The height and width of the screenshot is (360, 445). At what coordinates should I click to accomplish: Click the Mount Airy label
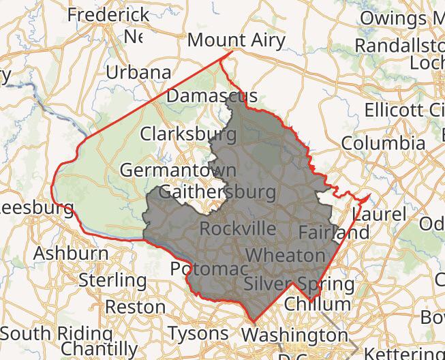click(x=236, y=40)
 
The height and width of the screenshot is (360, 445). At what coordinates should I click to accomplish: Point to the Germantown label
click(x=178, y=170)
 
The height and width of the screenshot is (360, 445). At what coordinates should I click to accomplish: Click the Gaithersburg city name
click(x=217, y=192)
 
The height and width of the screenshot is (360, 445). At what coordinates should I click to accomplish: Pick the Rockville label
click(x=239, y=228)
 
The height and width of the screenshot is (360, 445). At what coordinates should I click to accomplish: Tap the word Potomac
click(x=209, y=268)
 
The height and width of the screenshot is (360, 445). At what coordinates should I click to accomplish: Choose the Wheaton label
click(x=286, y=256)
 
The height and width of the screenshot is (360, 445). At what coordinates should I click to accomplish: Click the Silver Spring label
click(x=298, y=283)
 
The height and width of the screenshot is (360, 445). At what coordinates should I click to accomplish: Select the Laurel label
click(x=379, y=215)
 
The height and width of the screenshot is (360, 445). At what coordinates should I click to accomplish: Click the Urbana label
click(x=138, y=72)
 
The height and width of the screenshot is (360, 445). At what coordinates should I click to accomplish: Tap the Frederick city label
click(x=108, y=14)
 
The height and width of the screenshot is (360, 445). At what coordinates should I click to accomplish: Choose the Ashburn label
click(x=71, y=253)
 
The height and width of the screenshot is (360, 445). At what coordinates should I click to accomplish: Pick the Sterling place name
click(x=112, y=280)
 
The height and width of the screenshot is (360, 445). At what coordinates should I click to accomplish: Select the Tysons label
click(x=198, y=333)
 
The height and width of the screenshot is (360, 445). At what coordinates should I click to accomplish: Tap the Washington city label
click(x=294, y=335)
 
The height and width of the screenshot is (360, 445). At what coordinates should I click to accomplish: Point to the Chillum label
click(x=318, y=304)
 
